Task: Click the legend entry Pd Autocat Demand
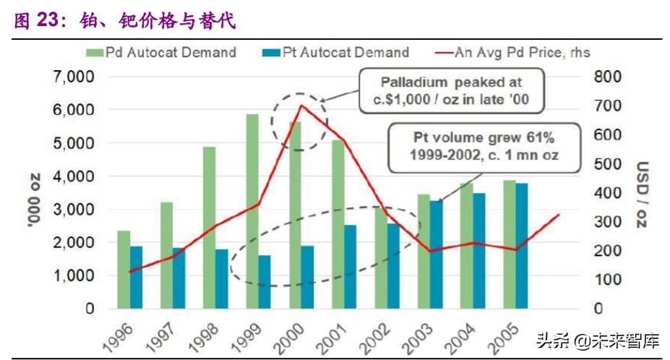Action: click(x=162, y=52)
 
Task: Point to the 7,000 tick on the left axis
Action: click(x=74, y=77)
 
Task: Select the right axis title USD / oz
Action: click(x=642, y=193)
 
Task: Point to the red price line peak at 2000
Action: click(x=300, y=106)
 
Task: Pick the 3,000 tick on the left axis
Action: click(x=74, y=210)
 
